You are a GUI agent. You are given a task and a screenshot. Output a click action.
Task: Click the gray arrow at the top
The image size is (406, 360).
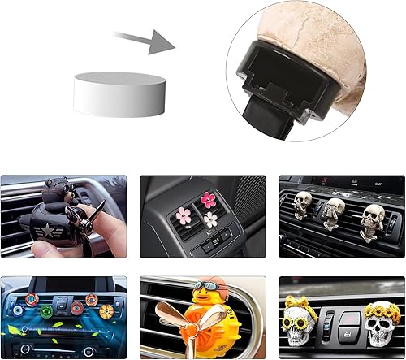(146, 40)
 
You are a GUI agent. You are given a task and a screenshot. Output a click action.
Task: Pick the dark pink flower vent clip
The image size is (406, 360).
(209, 200)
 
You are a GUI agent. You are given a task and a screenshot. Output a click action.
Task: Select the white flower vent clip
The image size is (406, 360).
(211, 218)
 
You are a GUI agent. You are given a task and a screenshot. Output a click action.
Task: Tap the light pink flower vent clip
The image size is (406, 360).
(184, 216)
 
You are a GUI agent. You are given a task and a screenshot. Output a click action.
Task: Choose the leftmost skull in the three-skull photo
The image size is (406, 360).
(302, 202)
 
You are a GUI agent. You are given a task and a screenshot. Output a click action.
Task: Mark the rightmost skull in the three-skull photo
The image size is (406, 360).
(373, 218)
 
